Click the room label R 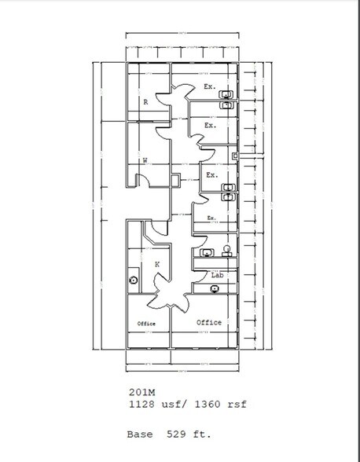pos(145,102)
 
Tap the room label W pos(145,161)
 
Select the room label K pos(157,265)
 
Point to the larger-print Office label pos(209,322)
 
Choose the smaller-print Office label pos(146,324)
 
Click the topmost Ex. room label pos(210,86)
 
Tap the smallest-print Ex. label pos(211,218)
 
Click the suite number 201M pos(142,390)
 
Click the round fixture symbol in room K pos(134,279)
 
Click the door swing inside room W pos(143,180)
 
